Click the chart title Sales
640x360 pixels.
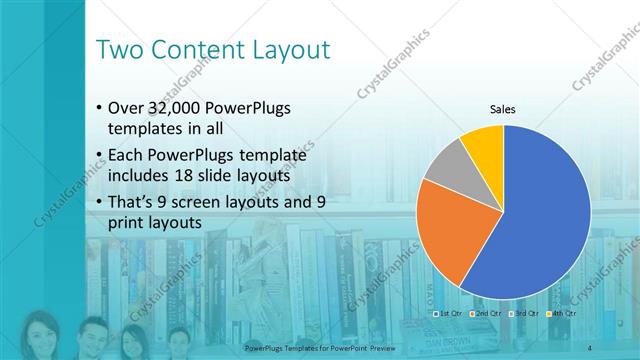click(x=502, y=109)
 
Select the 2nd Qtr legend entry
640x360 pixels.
click(x=486, y=313)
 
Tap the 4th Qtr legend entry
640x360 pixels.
click(x=562, y=313)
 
